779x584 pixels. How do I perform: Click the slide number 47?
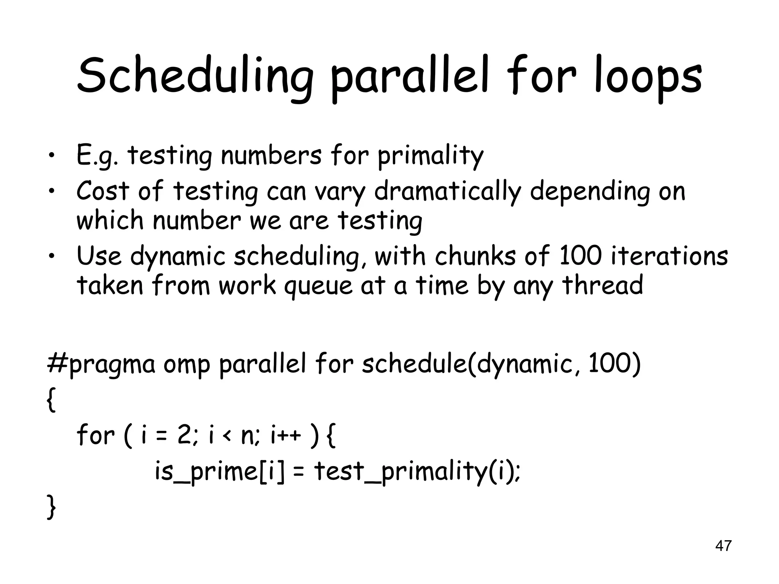pos(723,546)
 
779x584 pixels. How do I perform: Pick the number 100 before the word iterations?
pos(580,256)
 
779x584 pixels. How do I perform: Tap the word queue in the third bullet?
pos(318,286)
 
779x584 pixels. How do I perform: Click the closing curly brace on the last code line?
pos(51,506)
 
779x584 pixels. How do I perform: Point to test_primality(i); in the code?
pos(417,472)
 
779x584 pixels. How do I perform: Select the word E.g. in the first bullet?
pos(97,157)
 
